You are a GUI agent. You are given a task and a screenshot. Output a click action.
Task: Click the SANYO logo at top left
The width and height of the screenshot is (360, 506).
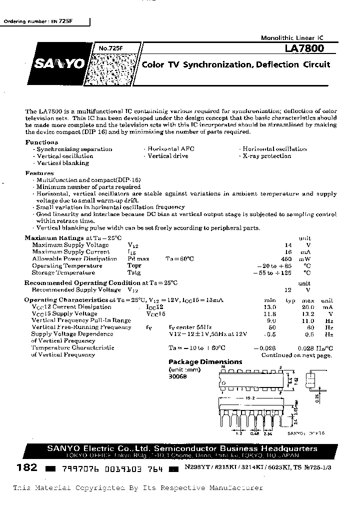[58, 64]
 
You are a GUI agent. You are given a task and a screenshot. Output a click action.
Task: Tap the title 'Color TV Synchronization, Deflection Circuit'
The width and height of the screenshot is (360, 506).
[236, 65]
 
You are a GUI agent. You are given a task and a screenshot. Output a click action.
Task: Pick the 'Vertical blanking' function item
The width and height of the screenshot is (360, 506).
[63, 163]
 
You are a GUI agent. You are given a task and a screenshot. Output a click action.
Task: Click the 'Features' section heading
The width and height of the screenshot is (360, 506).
[39, 173]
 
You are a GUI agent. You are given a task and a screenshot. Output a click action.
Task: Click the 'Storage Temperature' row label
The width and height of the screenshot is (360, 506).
[63, 272]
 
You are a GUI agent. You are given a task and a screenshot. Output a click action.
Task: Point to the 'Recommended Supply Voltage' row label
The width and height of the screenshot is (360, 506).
[76, 290]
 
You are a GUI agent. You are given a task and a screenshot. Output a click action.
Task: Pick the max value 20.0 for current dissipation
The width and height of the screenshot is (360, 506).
[308, 307]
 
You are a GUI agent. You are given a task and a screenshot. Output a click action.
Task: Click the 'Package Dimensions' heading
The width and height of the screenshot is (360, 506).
[205, 362]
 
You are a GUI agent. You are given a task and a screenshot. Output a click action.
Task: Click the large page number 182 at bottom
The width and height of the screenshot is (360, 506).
[27, 467]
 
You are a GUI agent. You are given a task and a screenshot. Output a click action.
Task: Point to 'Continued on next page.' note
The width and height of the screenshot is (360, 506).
[296, 355]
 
